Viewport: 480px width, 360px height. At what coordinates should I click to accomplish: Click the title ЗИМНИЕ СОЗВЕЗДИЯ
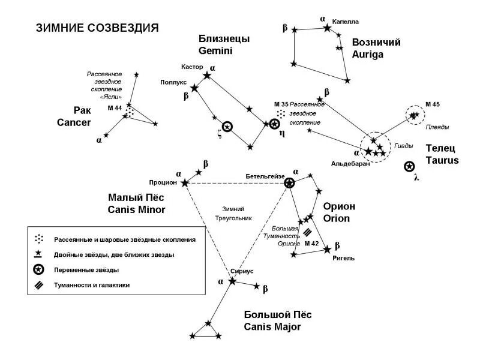(97, 28)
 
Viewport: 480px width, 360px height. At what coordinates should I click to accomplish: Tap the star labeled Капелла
(327, 28)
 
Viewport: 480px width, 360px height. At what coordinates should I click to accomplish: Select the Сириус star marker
(232, 281)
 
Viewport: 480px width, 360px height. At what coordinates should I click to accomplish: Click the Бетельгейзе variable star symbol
(289, 183)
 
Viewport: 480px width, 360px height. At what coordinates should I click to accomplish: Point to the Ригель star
(327, 250)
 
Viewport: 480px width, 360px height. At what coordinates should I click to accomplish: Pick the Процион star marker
(184, 182)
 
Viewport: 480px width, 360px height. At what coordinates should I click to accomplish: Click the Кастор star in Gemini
(208, 75)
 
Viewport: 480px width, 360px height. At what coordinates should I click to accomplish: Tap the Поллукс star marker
(194, 88)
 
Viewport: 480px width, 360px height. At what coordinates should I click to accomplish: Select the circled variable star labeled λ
(409, 166)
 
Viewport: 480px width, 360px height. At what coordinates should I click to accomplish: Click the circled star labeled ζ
(227, 127)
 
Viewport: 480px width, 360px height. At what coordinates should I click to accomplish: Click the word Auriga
(367, 55)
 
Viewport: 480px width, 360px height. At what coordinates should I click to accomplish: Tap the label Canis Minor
(136, 209)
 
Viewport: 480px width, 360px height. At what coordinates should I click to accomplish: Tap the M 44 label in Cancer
(114, 108)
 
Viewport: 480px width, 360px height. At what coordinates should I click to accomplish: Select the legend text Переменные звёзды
(86, 270)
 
